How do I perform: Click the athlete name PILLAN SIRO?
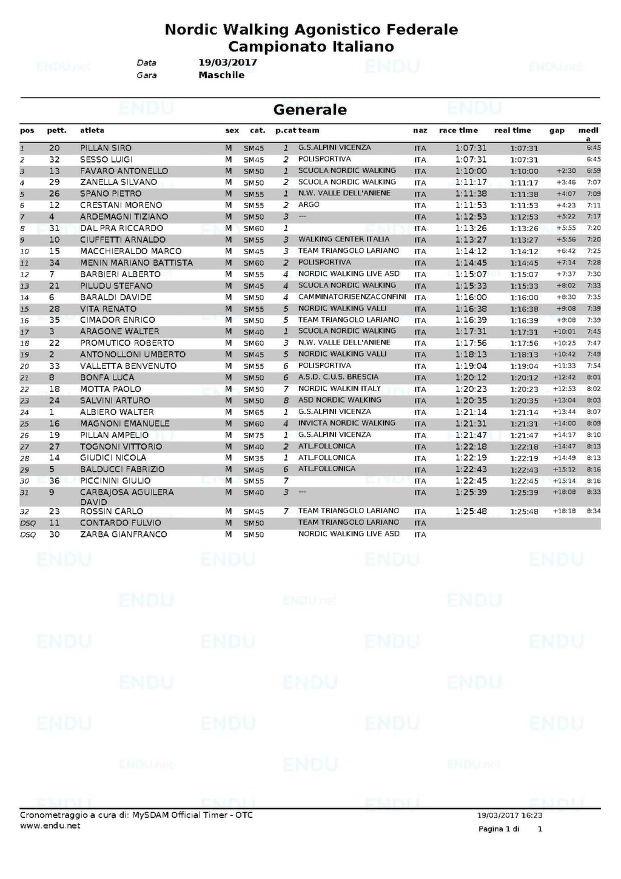106,148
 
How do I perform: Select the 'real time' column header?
512,130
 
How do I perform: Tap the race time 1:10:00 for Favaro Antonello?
471,171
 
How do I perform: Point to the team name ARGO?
309,205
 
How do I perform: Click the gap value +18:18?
564,511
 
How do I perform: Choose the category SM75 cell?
253,436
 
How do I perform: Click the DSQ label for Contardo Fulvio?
28,523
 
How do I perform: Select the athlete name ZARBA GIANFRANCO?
124,534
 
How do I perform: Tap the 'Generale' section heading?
310,110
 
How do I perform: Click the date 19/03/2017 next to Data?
227,62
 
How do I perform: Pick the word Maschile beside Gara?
221,75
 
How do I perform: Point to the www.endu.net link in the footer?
50,826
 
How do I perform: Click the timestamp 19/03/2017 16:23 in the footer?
509,816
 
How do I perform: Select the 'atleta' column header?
92,130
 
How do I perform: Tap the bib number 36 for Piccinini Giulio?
55,481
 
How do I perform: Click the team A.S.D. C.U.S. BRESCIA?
338,377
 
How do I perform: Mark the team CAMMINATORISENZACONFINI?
352,297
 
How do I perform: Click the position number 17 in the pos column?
25,332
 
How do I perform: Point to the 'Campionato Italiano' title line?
311,47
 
